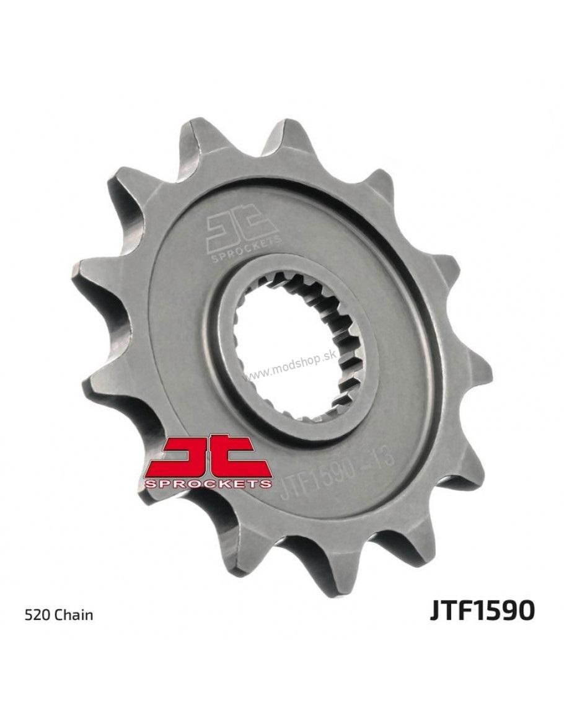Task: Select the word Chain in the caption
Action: click(74, 615)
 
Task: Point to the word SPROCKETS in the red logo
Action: click(209, 484)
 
